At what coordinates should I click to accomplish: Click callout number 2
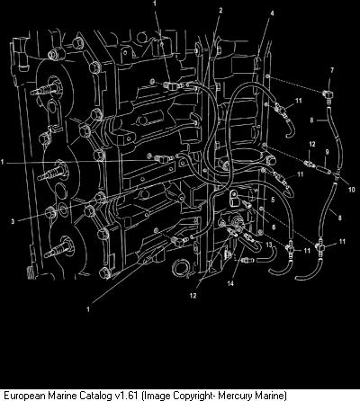(220, 11)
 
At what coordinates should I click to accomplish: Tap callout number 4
(272, 13)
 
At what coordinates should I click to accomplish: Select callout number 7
(332, 70)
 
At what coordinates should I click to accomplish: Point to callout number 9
(327, 152)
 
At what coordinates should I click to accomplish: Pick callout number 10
(351, 190)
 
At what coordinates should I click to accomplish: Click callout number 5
(273, 200)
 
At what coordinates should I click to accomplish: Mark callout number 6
(274, 227)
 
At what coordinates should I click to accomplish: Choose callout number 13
(269, 245)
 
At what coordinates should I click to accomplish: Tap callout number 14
(230, 283)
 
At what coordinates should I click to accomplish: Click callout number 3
(13, 222)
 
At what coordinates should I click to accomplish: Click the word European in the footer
(23, 396)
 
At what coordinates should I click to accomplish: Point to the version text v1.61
(127, 396)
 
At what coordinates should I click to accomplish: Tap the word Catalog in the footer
(97, 396)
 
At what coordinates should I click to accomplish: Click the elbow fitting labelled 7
(328, 94)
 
